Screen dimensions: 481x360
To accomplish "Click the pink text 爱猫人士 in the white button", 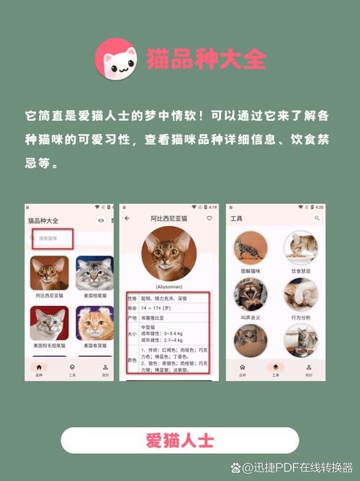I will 179,440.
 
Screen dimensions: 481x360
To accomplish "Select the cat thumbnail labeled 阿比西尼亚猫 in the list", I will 50,273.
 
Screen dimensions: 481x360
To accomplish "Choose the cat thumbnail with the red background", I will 50,323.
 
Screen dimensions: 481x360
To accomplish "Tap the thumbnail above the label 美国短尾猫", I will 95,273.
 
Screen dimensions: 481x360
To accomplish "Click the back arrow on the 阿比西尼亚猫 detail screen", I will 127,218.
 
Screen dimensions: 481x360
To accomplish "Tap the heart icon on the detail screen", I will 210,218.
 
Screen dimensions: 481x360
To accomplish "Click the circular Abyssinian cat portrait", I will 168,253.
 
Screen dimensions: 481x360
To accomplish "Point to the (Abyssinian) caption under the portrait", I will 168,287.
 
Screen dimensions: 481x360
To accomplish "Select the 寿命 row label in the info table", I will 132,307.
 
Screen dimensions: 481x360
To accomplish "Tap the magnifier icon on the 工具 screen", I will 317,218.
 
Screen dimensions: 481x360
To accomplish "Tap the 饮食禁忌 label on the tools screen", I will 301,271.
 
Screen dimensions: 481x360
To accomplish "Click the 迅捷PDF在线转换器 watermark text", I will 302,468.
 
